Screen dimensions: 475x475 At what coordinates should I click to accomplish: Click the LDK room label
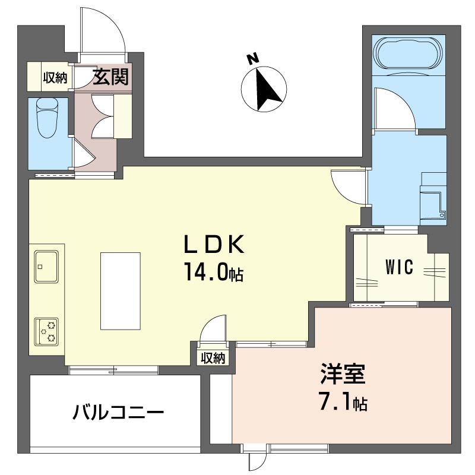[214, 244]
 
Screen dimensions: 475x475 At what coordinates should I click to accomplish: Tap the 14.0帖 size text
[213, 271]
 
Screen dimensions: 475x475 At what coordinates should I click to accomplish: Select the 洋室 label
[343, 374]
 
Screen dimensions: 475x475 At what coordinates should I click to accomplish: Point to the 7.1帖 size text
[344, 401]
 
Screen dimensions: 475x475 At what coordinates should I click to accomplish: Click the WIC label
[400, 267]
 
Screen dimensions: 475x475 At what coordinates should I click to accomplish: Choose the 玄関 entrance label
[110, 77]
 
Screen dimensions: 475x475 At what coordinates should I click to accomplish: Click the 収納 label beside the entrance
[55, 78]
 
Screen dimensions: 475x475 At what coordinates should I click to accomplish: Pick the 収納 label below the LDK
[213, 359]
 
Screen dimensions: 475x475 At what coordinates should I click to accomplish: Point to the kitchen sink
[46, 266]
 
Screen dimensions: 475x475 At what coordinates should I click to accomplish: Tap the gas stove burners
[46, 331]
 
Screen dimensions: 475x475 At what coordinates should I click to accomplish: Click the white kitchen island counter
[121, 291]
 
